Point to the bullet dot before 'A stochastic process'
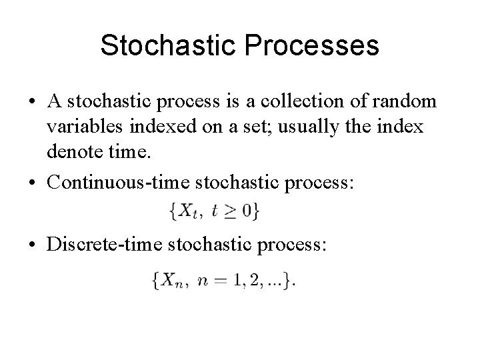click(33, 104)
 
